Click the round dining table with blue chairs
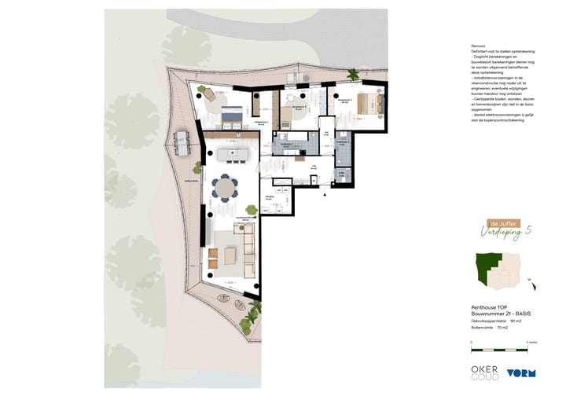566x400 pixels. coord(226,189)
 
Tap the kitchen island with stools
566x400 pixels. coord(233,152)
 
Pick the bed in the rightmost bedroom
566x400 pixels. coord(367,104)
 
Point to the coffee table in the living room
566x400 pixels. coord(230,256)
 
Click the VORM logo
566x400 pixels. coord(521,373)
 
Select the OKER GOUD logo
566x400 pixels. coord(485,372)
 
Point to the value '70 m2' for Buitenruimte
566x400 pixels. coord(502,327)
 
